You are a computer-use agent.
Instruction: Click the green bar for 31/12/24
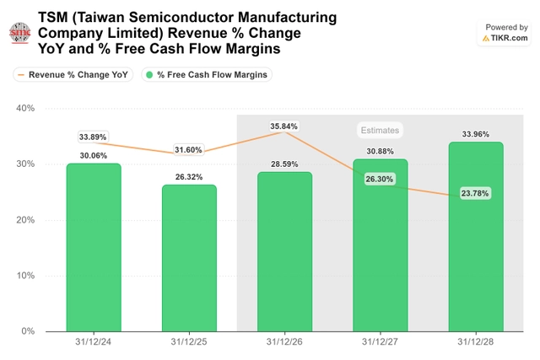[x=94, y=248]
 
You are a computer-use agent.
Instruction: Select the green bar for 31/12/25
[x=189, y=258]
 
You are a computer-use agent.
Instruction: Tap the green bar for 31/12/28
[x=476, y=237]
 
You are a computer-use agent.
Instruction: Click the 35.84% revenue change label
[x=283, y=126]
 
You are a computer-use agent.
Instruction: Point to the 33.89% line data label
[x=93, y=137]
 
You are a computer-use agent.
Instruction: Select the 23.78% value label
[x=475, y=193]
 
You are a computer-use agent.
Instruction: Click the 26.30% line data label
[x=379, y=179]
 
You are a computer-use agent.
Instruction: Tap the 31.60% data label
[x=188, y=150]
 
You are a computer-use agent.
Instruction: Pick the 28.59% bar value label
[x=284, y=164]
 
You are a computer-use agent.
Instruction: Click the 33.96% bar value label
[x=476, y=134]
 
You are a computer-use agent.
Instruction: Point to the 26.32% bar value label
[x=189, y=177]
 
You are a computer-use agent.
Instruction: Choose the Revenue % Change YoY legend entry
[x=73, y=75]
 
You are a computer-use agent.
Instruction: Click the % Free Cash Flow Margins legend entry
[x=207, y=75]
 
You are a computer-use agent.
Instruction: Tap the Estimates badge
[x=380, y=130]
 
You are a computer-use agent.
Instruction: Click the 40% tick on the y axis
[x=25, y=108]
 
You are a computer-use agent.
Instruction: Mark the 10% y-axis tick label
[x=25, y=276]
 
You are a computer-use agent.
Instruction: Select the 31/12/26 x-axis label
[x=284, y=341]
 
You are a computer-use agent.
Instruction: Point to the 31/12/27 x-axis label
[x=380, y=341]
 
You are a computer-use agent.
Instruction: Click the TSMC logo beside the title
[x=20, y=33]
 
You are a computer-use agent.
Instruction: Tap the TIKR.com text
[x=509, y=38]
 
